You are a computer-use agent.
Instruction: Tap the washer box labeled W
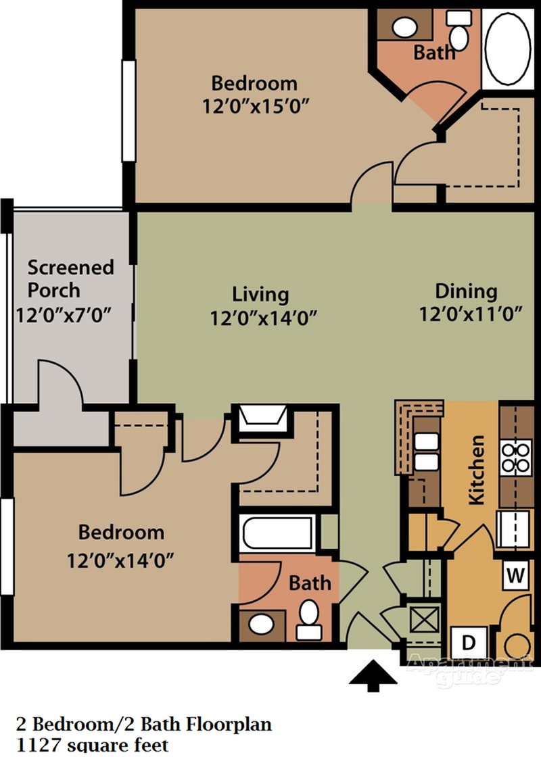click(x=516, y=576)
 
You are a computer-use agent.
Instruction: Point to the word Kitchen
click(x=477, y=470)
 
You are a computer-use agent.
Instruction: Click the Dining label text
click(x=466, y=291)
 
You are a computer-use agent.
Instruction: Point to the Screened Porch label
click(x=70, y=278)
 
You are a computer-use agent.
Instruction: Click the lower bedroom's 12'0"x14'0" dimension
click(x=121, y=560)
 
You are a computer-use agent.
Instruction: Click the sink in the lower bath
click(x=261, y=623)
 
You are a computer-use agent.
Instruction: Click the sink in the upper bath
click(x=405, y=27)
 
